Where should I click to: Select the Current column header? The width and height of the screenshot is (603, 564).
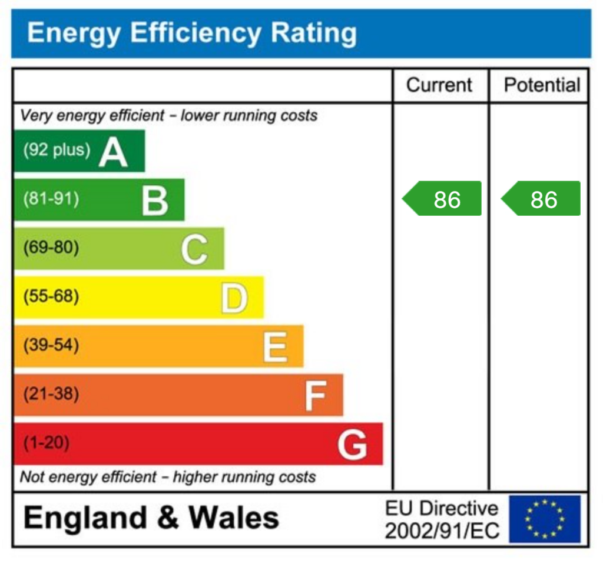[x=439, y=85]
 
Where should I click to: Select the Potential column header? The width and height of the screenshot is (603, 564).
[x=542, y=85]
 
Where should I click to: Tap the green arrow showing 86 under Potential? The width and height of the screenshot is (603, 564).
[x=542, y=199]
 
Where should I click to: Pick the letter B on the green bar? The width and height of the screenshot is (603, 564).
[x=155, y=201]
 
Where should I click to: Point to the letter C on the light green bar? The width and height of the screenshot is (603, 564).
[x=194, y=249]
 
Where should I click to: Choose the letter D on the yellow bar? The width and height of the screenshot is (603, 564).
[x=234, y=298]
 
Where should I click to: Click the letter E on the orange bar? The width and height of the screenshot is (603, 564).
[x=274, y=347]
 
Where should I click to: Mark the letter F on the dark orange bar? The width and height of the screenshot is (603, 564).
[x=315, y=396]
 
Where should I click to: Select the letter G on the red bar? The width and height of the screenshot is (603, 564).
[x=352, y=445]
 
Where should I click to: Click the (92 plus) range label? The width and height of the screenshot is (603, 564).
[x=57, y=150]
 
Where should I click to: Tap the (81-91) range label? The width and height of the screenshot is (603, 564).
[x=51, y=199]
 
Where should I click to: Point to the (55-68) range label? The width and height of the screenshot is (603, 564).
[x=51, y=296]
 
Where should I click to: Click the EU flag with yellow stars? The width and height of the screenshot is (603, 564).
[x=545, y=519]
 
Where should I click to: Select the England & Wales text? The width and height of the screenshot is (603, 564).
[x=151, y=518]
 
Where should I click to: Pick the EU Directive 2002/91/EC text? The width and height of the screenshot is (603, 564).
[x=442, y=519]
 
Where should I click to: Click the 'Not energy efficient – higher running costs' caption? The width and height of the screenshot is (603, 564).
[x=168, y=477]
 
